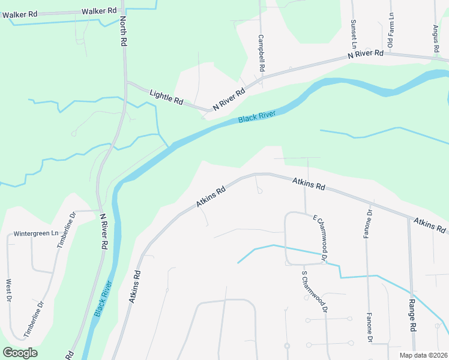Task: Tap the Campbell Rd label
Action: pos(262,53)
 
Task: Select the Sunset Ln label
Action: pos(354,34)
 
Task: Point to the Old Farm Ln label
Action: pos(390,31)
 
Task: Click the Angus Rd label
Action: pos(436,37)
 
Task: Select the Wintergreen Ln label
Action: pos(35,233)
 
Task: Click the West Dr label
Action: pos(9,290)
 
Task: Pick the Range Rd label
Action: pos(413,316)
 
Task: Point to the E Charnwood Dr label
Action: pos(318,238)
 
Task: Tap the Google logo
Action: pos(20,353)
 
